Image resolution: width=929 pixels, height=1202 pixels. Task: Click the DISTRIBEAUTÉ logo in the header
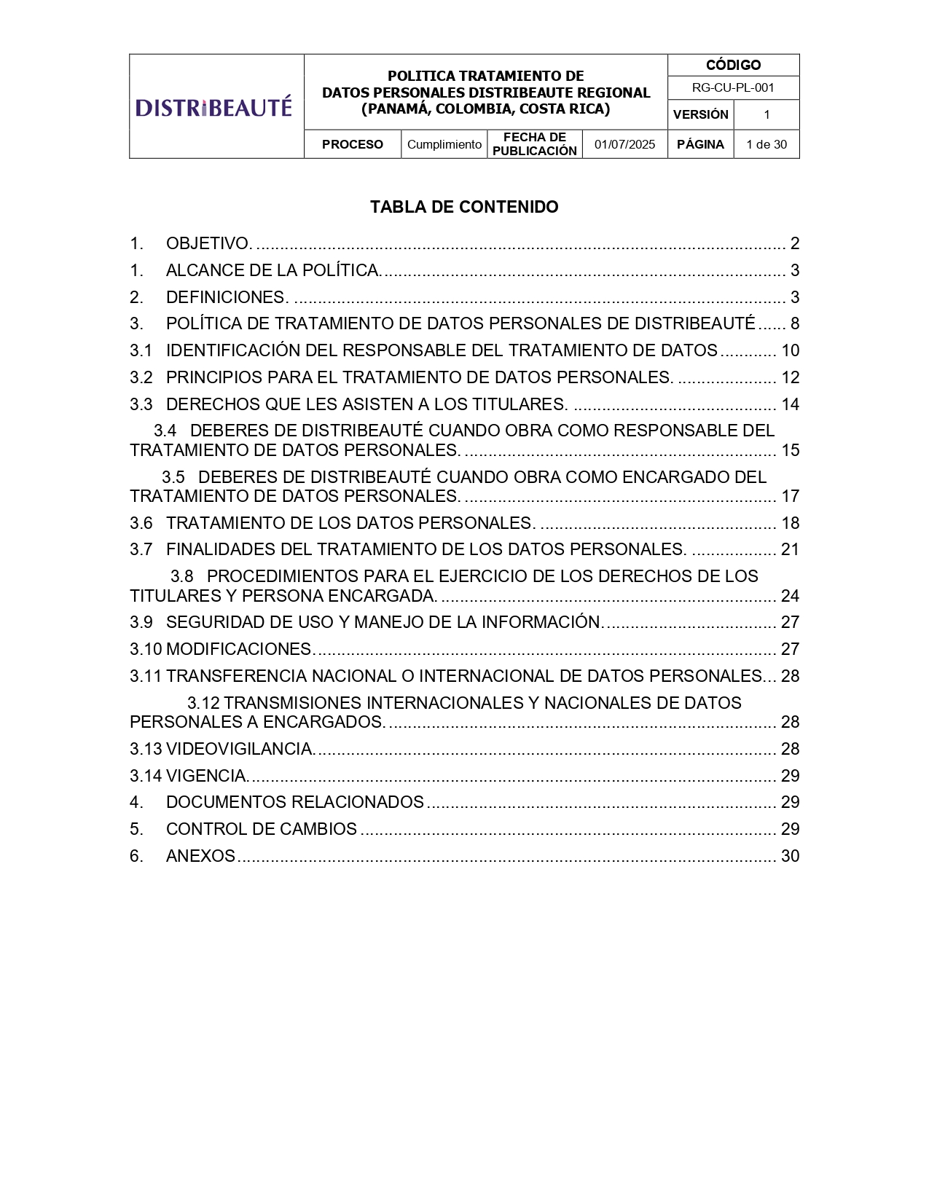[x=213, y=107]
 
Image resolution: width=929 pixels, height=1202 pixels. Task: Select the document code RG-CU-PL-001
[x=733, y=87]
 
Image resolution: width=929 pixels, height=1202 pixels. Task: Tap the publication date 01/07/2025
[x=624, y=144]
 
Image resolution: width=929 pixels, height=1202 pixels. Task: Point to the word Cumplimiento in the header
[x=444, y=144]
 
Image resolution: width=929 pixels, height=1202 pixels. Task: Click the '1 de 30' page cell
[x=767, y=144]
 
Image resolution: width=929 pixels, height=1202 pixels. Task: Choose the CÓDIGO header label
[x=733, y=65]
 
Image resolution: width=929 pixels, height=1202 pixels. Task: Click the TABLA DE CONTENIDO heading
[x=464, y=207]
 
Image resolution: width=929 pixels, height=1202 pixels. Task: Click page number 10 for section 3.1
[x=790, y=350]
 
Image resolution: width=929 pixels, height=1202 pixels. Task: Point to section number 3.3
[x=141, y=404]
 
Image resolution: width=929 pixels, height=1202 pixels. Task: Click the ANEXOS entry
[x=200, y=856]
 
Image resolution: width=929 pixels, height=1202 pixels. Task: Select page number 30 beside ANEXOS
[x=790, y=856]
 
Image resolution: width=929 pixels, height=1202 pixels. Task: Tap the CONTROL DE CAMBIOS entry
[x=261, y=829]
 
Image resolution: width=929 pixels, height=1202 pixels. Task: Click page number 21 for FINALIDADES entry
[x=790, y=549]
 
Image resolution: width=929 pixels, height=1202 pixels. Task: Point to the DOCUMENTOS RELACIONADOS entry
[x=294, y=802]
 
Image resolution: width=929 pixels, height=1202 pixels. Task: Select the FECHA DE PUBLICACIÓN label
[x=535, y=144]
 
